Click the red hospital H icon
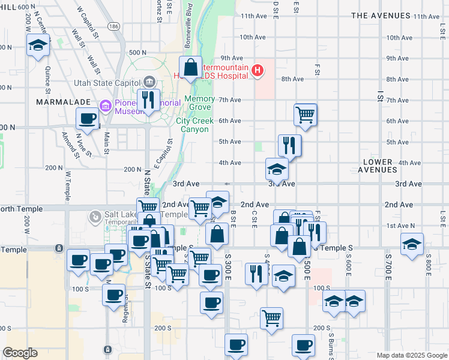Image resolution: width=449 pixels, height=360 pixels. point(258,71)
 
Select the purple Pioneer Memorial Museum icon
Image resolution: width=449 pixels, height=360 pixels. point(106,107)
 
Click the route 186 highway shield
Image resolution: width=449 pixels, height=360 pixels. point(113,26)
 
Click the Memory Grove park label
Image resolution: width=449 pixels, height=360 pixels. point(199,103)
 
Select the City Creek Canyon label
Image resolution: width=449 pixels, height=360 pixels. point(194,125)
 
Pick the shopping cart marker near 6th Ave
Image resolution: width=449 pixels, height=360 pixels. point(306,114)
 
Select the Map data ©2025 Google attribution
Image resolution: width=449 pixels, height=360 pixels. point(411,355)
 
